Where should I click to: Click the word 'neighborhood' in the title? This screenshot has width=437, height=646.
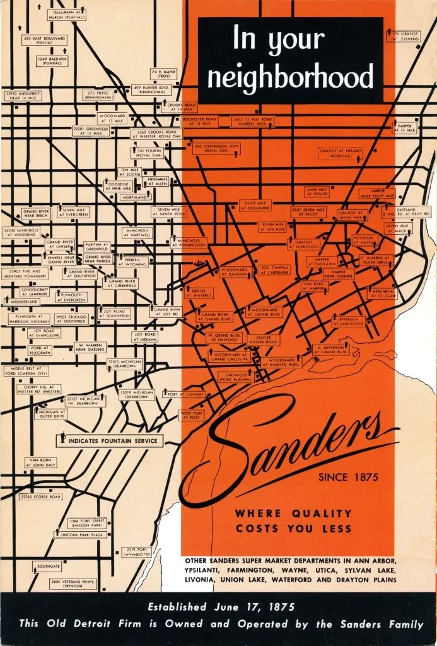[x=291, y=78]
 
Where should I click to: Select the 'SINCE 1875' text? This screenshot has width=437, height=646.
[x=349, y=477]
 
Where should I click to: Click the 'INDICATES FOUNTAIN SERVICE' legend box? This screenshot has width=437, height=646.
[x=110, y=440]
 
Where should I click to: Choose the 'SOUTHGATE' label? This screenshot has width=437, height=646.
[x=49, y=567]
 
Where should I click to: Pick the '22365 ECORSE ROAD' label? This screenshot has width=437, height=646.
[x=40, y=496]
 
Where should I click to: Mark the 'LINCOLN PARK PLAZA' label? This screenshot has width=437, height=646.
[x=78, y=534]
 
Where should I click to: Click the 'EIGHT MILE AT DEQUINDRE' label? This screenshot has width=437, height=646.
[x=255, y=205]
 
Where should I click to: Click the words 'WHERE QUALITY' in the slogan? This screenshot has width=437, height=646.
[x=293, y=514]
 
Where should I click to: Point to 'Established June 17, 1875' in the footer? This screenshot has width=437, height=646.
[x=218, y=608]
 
